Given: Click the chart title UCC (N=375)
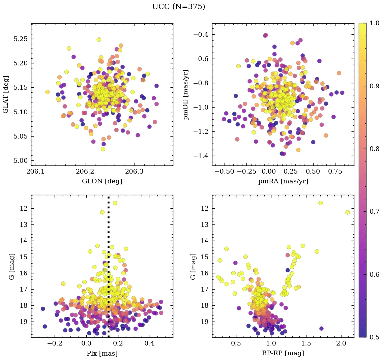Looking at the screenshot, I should pos(178,7).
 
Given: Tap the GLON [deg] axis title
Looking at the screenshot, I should pos(102,181).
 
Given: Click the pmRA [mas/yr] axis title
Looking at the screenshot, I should pos(283,181).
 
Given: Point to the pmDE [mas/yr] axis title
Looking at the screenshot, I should pos(186,94).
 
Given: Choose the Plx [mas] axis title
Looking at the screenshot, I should pos(102,353).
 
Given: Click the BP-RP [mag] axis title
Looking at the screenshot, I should pos(283,353).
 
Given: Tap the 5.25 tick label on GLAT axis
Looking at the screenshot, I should pos(20,39).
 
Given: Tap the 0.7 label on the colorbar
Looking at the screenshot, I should pos(374,212).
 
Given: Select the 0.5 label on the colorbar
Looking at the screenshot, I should pos(374,337).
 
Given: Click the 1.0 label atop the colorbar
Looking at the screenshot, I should pos(374,24).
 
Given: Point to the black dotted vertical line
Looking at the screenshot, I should pos(109,270).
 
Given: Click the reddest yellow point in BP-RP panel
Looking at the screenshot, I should pos(347,212).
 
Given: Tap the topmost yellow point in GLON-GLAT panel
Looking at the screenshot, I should pos(99,39).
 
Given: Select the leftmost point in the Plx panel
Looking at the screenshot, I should pos(43,309).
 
